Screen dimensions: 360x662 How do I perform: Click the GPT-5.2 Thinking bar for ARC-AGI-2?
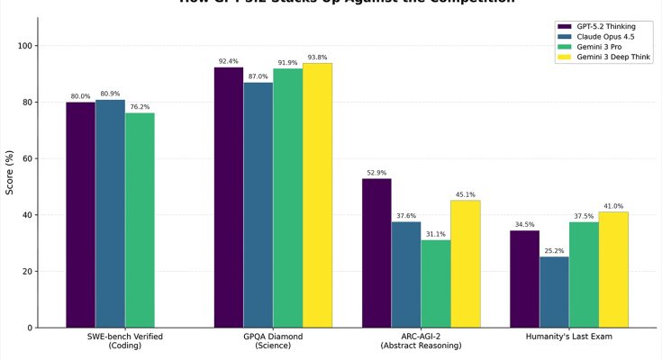point(376,253)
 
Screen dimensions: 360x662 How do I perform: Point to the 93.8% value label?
point(317,58)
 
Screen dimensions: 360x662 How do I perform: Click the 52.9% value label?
point(376,173)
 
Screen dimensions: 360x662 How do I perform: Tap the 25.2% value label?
point(554,251)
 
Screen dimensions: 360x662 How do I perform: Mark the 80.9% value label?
point(110,94)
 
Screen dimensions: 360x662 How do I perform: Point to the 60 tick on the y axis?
point(29,158)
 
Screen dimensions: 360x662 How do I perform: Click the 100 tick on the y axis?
point(26,46)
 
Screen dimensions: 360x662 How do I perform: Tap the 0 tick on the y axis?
point(32,328)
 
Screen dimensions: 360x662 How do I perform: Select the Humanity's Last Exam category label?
point(568,337)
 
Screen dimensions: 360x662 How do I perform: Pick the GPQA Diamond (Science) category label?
point(272,341)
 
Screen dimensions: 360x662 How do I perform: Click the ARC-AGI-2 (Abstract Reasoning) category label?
point(421,341)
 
